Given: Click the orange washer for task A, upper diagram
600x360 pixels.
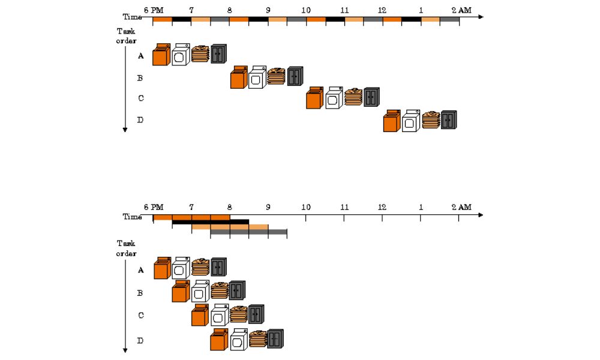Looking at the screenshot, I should click(x=160, y=55).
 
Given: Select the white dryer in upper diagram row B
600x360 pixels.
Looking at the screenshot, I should click(x=257, y=78).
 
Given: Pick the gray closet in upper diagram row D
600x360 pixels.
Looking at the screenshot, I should click(x=449, y=120).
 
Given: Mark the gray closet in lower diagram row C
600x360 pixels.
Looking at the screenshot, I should click(x=256, y=314).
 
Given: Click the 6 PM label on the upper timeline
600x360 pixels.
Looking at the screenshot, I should click(x=154, y=11).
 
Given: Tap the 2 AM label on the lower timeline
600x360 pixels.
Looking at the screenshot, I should click(x=461, y=207).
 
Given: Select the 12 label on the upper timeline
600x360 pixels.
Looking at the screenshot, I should click(x=382, y=11).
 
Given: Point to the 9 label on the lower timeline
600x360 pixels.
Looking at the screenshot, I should click(x=268, y=207).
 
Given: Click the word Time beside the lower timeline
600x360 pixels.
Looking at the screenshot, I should click(x=132, y=217).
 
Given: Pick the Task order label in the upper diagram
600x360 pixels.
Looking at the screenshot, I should click(x=127, y=35).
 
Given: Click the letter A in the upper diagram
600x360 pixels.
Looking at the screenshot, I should click(x=140, y=56).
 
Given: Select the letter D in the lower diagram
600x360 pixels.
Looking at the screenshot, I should click(x=140, y=340).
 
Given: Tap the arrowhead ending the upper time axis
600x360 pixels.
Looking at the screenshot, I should click(x=480, y=17).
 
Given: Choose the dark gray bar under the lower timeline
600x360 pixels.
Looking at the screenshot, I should click(x=248, y=232).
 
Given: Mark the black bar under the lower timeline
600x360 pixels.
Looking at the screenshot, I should click(x=210, y=223).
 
